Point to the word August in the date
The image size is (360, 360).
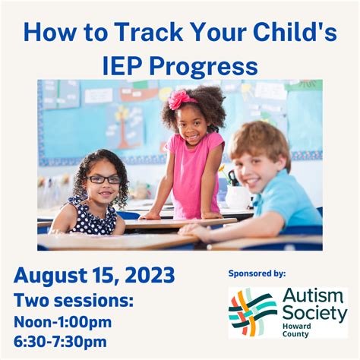(x=52, y=275)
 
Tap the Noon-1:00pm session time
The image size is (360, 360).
(x=63, y=321)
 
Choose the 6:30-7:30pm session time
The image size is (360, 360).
(x=61, y=342)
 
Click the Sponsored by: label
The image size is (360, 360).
(x=257, y=273)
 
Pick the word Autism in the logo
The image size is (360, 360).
(x=311, y=295)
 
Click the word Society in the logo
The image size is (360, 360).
(x=314, y=312)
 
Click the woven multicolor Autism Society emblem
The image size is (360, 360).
(x=254, y=312)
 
